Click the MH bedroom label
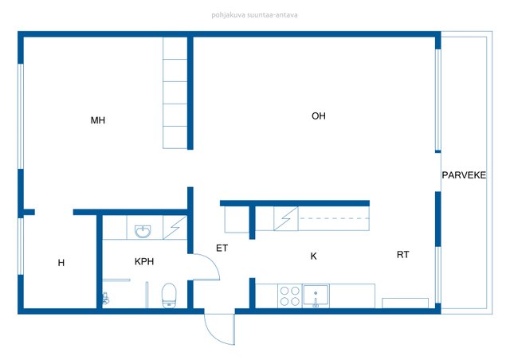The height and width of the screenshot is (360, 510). [98, 120]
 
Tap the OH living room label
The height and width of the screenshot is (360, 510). [319, 115]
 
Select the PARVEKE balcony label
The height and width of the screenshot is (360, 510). [464, 175]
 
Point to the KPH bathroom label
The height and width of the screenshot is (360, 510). [144, 261]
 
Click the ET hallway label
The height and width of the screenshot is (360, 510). [222, 248]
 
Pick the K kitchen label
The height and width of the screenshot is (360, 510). [313, 256]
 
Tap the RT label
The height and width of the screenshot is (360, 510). [402, 255]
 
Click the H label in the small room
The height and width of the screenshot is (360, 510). [61, 263]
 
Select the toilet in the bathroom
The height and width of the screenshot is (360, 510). [169, 295]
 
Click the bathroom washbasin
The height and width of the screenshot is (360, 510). [143, 231]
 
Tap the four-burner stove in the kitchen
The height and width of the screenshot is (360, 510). [290, 296]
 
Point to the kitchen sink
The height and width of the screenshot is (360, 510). [316, 295]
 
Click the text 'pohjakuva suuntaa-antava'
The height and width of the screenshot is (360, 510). [254, 15]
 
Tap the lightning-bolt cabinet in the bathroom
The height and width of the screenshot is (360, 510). [175, 227]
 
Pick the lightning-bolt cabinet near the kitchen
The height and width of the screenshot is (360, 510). [286, 218]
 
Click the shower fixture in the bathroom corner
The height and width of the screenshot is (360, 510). [105, 299]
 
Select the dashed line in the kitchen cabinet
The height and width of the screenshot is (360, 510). [334, 218]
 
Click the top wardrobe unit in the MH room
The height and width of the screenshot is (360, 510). [175, 48]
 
